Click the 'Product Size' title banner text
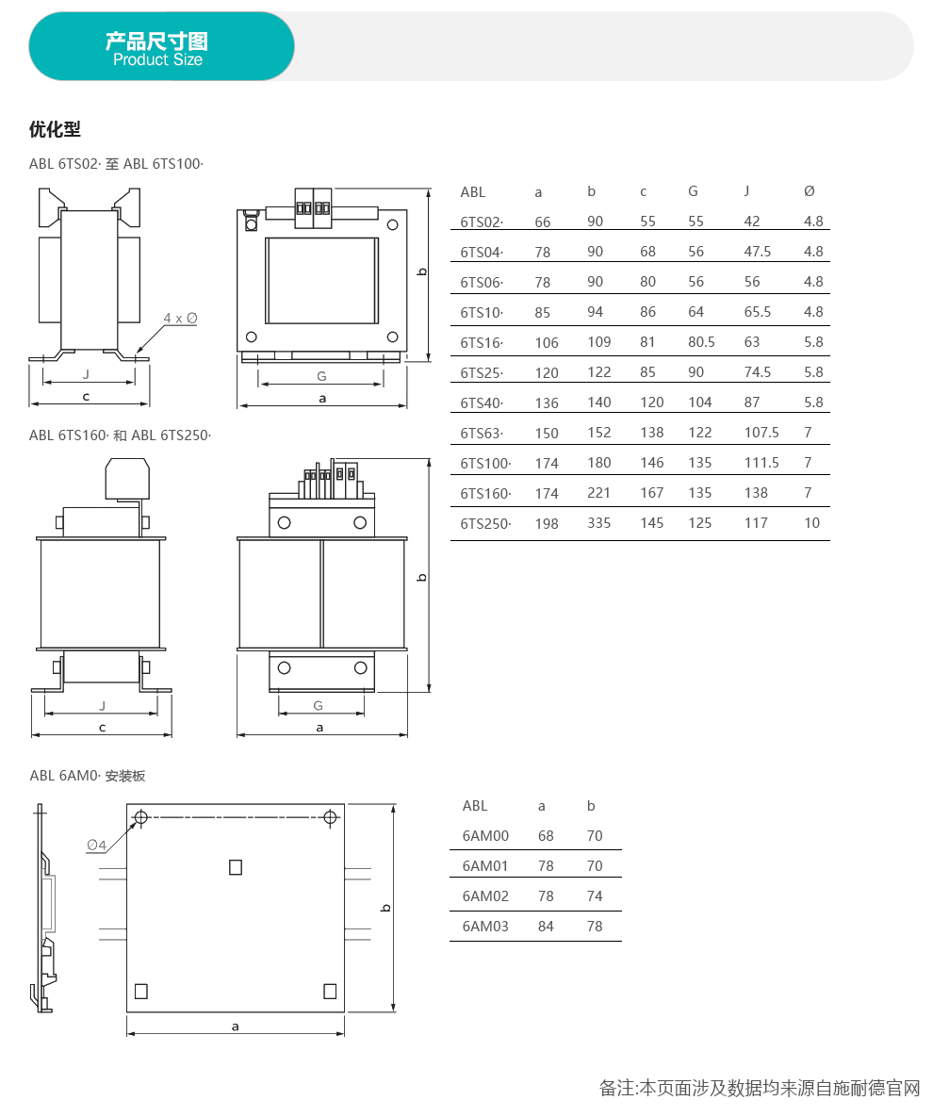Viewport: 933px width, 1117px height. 157,59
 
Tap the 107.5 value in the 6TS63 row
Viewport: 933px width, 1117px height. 761,433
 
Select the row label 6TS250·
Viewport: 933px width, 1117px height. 485,523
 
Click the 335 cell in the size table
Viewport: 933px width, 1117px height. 599,523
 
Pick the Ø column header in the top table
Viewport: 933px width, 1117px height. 810,191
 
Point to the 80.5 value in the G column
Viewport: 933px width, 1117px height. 701,342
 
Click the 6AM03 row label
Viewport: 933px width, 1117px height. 485,926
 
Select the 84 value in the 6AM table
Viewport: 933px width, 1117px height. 546,926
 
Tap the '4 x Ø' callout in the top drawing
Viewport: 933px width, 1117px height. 180,319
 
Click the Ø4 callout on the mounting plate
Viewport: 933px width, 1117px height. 96,845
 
